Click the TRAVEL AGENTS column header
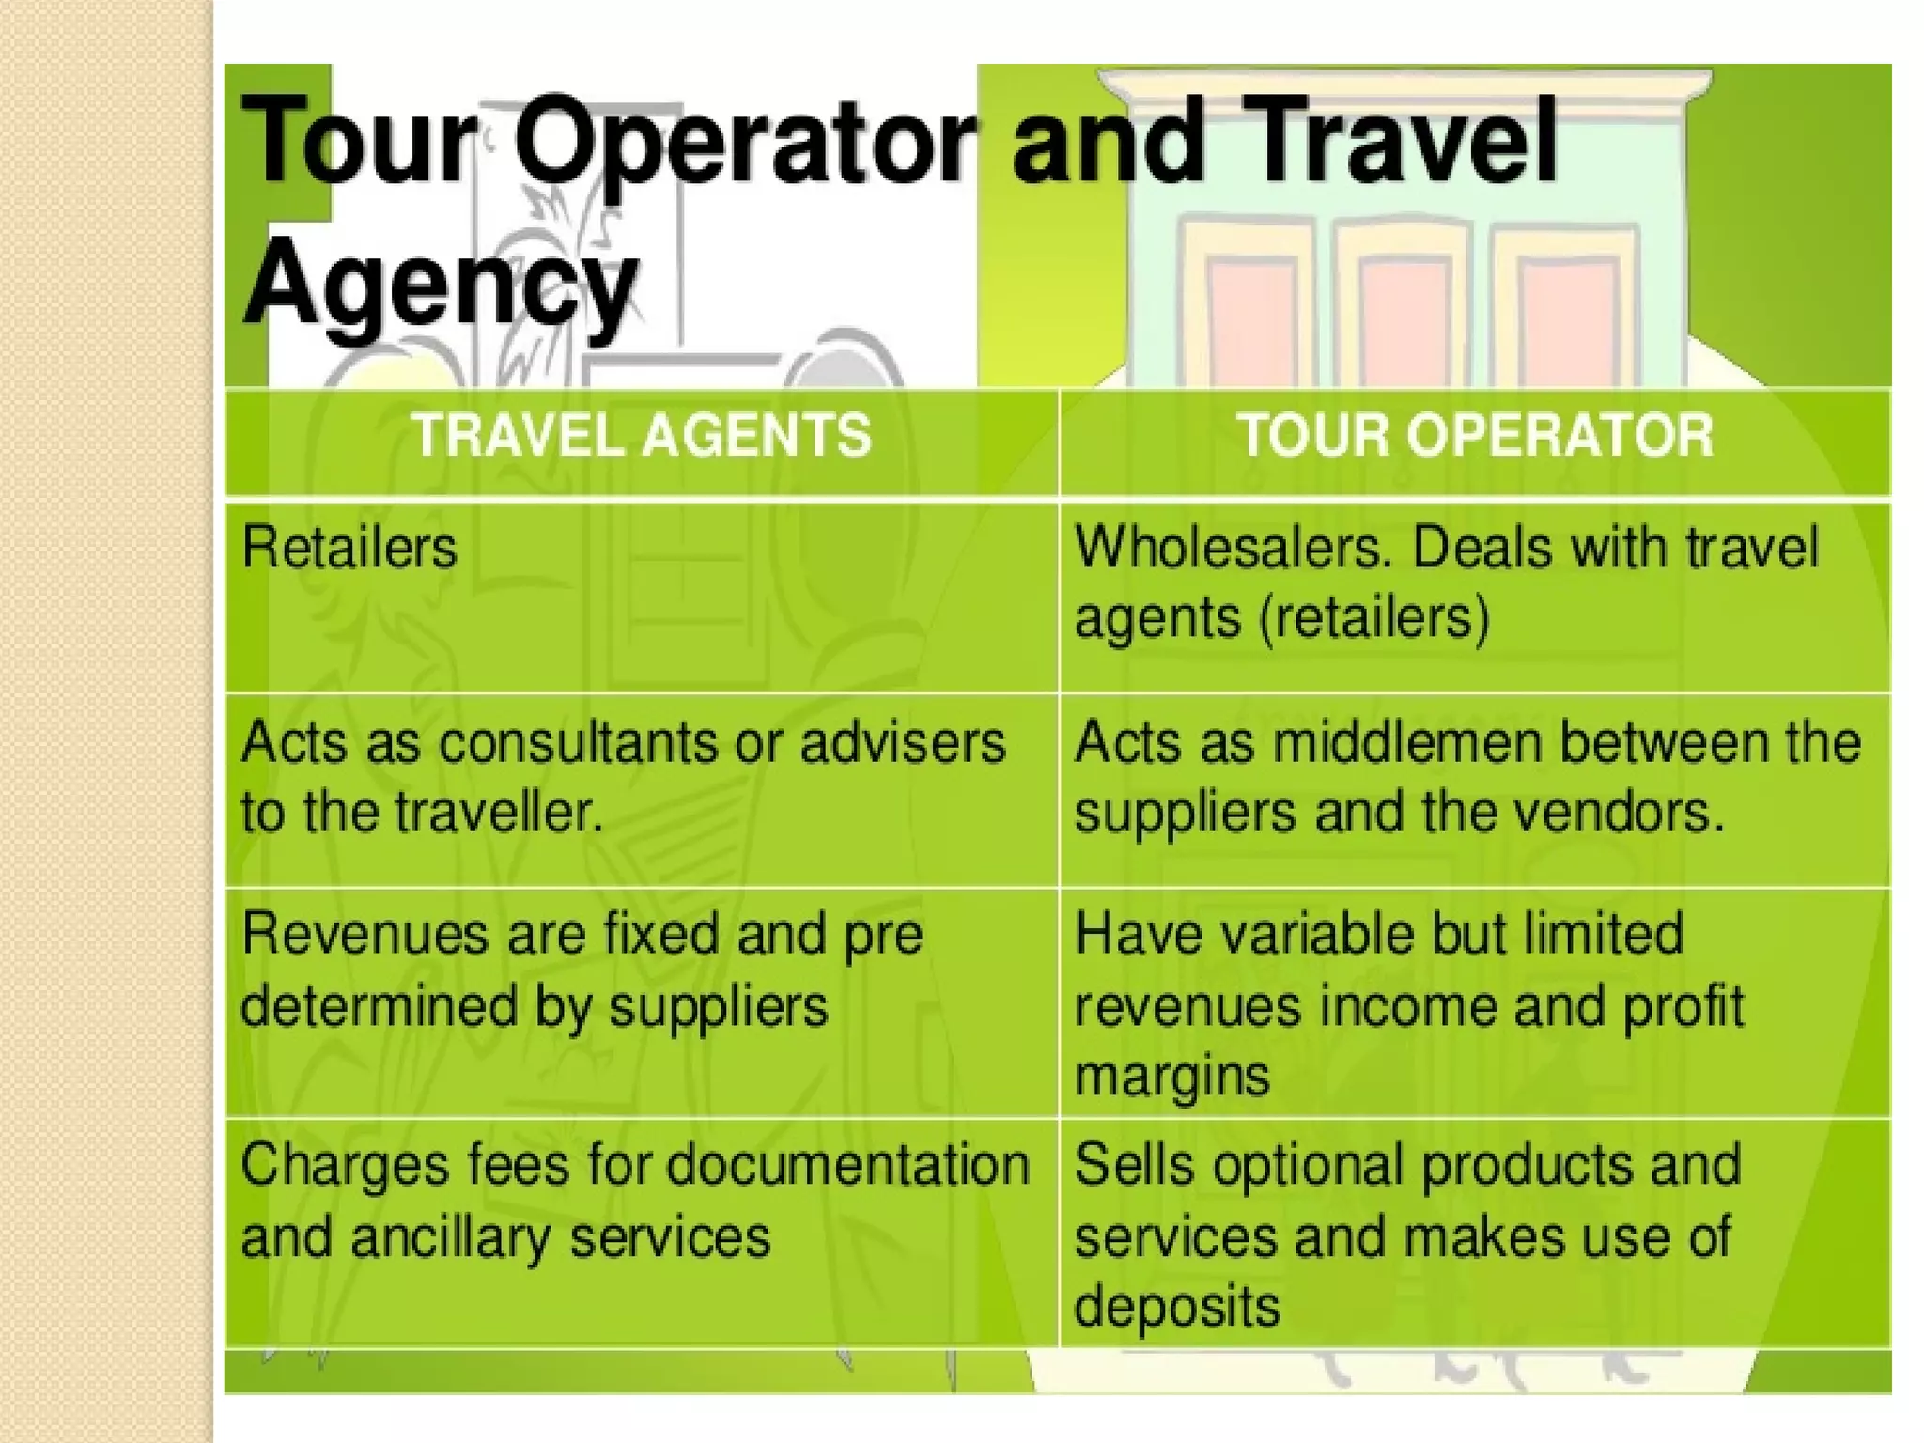click(643, 436)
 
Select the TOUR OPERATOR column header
click(1475, 436)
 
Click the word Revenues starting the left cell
click(365, 935)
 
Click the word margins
click(1171, 1077)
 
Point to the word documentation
click(848, 1166)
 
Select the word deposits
click(1176, 1307)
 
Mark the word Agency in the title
click(440, 278)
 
